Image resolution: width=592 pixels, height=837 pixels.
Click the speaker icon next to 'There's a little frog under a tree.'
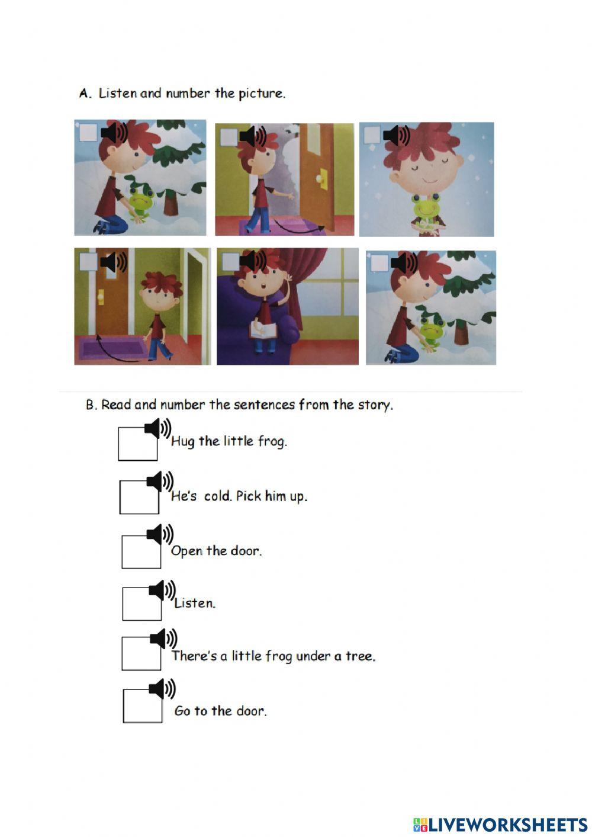[x=163, y=639]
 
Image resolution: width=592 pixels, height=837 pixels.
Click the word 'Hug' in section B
[x=183, y=441]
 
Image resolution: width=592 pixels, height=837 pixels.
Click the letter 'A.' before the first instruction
[x=85, y=94]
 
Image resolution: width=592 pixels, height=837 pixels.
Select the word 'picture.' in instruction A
[x=262, y=94]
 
